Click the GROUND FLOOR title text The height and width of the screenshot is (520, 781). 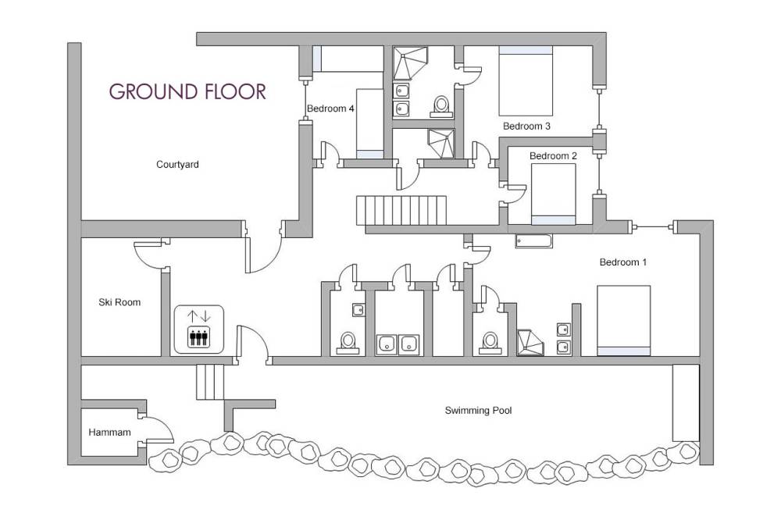(187, 91)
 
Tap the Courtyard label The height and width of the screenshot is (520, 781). (177, 165)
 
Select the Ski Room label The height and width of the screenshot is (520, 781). (119, 302)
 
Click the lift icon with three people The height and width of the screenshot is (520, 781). (198, 329)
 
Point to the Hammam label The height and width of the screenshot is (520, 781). (109, 433)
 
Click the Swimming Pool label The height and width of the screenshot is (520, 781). (478, 411)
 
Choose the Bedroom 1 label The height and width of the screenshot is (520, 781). (623, 262)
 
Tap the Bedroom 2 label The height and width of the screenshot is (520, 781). (553, 156)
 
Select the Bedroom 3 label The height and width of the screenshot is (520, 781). (526, 126)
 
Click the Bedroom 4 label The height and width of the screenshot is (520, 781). (330, 108)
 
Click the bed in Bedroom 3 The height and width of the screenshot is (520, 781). (526, 80)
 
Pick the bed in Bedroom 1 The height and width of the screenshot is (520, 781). (623, 320)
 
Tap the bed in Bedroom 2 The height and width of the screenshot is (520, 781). (554, 194)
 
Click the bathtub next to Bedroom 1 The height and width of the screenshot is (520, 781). (533, 241)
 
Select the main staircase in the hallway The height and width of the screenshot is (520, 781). (401, 210)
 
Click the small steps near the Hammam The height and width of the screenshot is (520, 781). (209, 382)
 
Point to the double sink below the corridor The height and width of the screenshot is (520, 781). (398, 344)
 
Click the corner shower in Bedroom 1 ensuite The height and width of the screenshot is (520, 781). (530, 343)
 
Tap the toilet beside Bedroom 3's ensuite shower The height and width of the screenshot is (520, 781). (440, 107)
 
